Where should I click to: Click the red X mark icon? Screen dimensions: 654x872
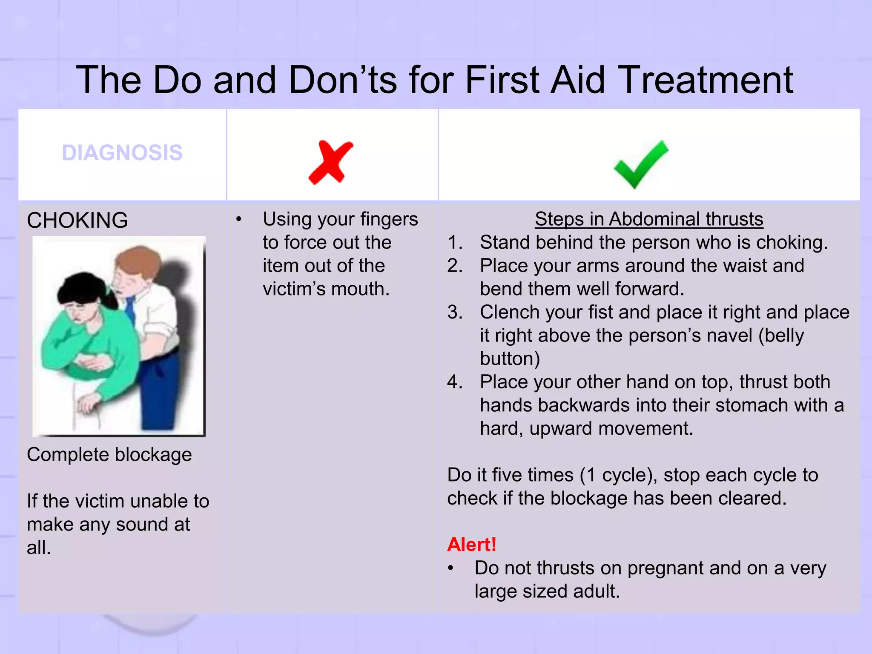click(x=331, y=162)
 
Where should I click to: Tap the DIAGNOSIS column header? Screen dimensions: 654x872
click(x=122, y=153)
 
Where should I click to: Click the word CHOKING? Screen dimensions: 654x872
click(x=77, y=221)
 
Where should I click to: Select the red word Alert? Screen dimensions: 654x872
click(x=471, y=545)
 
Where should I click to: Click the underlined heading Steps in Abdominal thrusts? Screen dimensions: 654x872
click(x=648, y=219)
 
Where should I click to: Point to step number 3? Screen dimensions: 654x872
click(x=454, y=312)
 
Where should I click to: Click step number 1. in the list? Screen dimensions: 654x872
click(x=454, y=242)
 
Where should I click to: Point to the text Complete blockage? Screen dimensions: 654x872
click(x=109, y=455)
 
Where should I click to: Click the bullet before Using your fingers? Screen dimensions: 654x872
click(x=239, y=220)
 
